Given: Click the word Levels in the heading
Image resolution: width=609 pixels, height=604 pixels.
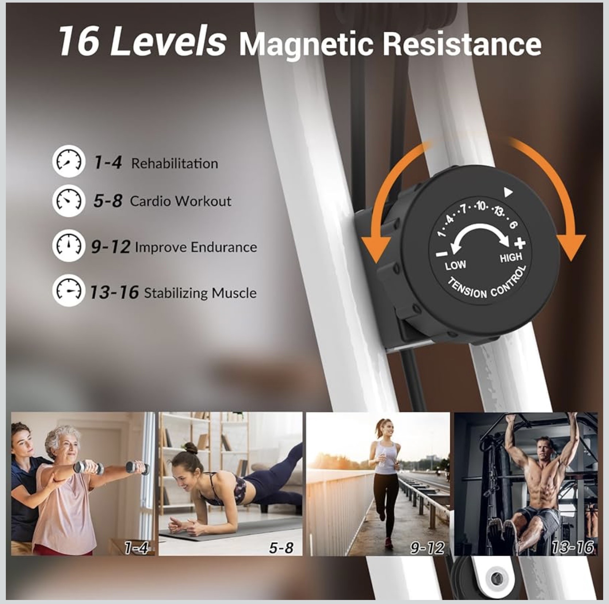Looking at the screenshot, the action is coord(168,41).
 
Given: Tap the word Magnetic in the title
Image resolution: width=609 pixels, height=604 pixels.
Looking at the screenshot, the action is coord(306,44).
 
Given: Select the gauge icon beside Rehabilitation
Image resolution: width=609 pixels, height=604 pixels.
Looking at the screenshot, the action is coord(68,161).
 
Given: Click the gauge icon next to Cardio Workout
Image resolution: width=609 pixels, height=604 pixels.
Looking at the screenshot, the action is coord(68,200).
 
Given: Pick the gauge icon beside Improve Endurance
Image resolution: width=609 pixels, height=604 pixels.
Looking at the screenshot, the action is coord(68,245).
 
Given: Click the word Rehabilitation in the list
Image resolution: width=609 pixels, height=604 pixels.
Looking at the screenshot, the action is coord(175,163).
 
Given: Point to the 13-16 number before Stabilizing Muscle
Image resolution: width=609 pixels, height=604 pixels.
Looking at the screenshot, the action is coord(114,292).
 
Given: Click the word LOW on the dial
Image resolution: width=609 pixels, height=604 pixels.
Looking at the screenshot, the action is coord(455,265).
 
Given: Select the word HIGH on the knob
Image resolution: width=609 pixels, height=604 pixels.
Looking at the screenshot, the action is coord(511,258).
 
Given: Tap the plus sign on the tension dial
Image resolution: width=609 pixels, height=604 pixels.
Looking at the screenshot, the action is coord(520,243).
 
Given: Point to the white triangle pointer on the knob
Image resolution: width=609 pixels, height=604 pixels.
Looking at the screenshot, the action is coord(508,192).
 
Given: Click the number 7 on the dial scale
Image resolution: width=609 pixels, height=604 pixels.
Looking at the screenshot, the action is coord(464,209).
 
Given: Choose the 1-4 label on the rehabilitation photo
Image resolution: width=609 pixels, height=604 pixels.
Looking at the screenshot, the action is coord(136,547).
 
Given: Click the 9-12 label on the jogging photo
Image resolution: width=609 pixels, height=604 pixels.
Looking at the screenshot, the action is coord(427,547).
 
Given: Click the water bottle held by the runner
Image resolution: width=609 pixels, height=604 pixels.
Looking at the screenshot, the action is coord(382,458).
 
